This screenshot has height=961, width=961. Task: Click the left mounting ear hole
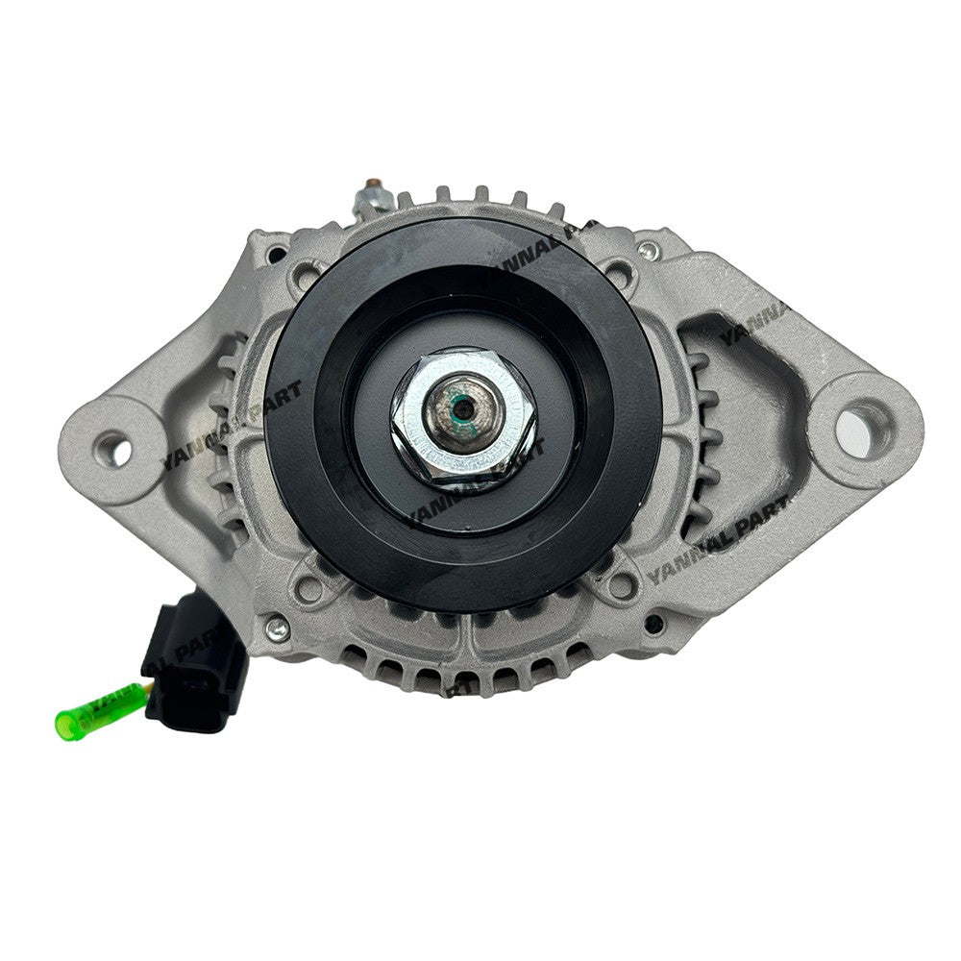pyautogui.click(x=112, y=449)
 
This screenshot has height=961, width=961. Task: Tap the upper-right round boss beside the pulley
pyautogui.click(x=622, y=272)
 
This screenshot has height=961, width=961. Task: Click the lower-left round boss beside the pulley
pyautogui.click(x=310, y=586)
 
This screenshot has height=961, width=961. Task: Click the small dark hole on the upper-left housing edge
pyautogui.click(x=277, y=255)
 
